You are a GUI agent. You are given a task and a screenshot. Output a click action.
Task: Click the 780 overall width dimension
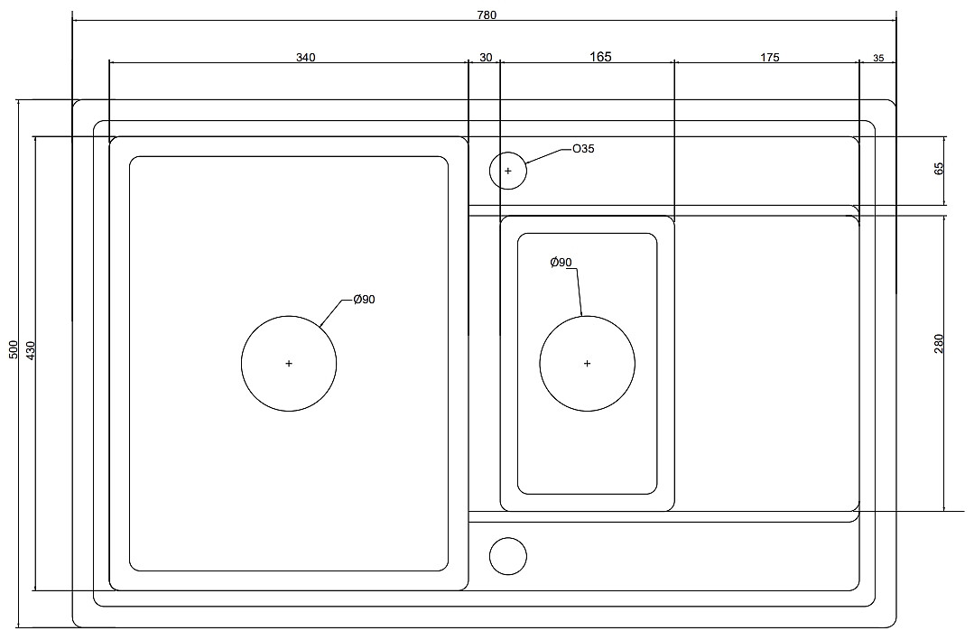pos(486,14)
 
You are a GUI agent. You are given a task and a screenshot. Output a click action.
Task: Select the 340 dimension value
pos(305,58)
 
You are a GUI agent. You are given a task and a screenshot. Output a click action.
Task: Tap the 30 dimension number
pos(486,58)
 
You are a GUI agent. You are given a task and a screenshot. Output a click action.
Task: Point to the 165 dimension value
pos(600,57)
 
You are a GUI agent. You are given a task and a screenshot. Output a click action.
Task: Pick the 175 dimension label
pos(769,58)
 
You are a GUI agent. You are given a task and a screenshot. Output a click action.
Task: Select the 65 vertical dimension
pos(939,168)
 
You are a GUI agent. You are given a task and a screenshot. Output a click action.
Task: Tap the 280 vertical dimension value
pos(939,343)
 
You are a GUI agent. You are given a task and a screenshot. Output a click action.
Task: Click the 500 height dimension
pos(13,349)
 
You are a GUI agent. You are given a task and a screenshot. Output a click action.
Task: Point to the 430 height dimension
pos(30,350)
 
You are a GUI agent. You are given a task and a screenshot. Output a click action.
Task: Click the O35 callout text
pos(583,149)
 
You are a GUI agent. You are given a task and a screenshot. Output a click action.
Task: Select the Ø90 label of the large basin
pos(364,300)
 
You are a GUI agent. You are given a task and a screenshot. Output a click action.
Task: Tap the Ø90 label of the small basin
pos(561,263)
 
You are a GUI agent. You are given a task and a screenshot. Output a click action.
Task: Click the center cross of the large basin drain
pos(289,364)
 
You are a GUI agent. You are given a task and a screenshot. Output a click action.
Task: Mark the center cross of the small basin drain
pos(588,364)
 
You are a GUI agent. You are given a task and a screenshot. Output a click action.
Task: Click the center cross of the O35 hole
pos(508,171)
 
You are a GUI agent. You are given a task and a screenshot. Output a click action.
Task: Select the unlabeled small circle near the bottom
pos(508,556)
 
